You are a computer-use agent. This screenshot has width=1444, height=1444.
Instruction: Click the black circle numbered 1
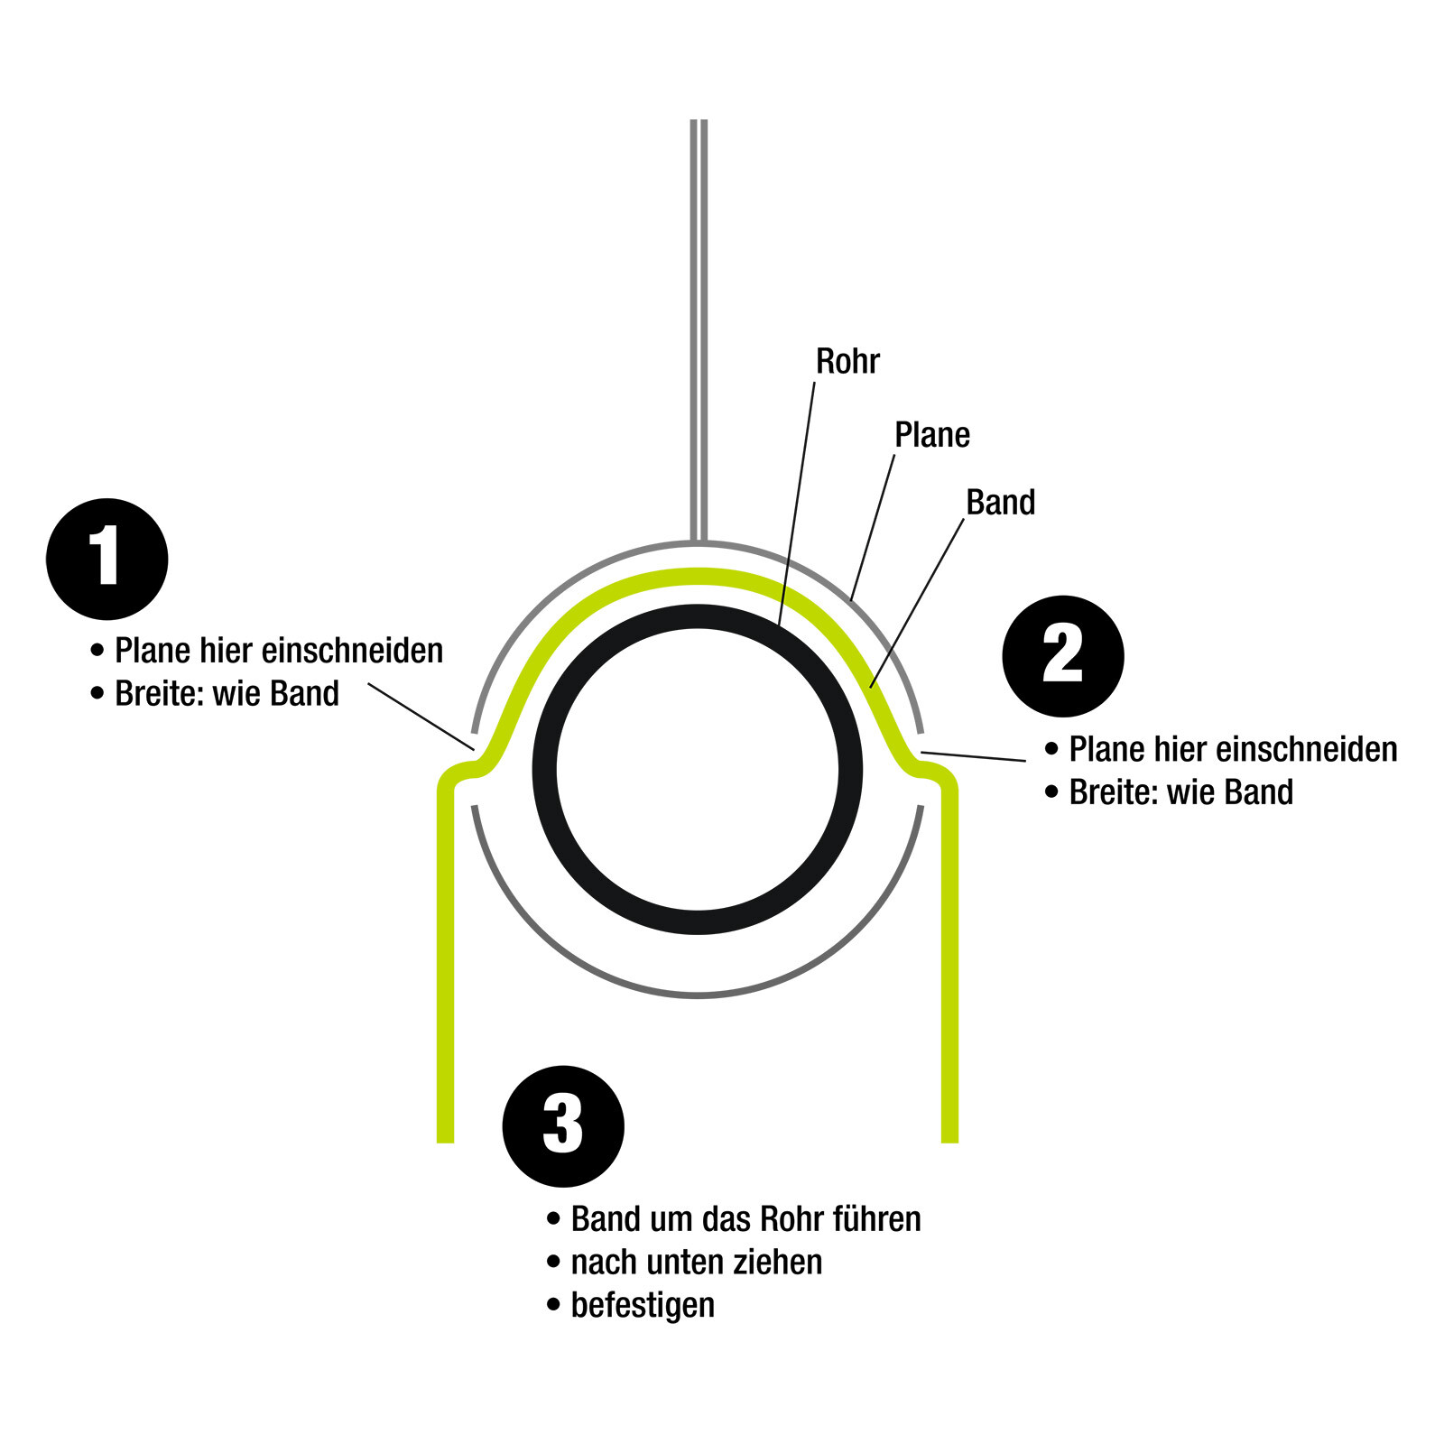coord(106,559)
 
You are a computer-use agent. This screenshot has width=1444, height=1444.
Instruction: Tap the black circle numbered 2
coord(1062,655)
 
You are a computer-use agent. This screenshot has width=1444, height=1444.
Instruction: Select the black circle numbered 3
coord(562,1125)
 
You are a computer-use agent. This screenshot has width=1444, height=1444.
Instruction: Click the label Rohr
coord(847,361)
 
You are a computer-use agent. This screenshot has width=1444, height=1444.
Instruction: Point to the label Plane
coord(931,435)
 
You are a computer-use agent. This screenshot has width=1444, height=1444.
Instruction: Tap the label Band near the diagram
coord(1000,503)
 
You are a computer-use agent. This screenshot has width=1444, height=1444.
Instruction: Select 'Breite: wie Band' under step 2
coord(1180,792)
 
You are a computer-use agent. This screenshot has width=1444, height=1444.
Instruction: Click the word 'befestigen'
coord(643,1305)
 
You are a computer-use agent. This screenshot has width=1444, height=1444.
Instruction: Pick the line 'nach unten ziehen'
coord(696,1262)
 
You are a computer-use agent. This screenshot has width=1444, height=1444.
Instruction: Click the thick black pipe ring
coord(545,769)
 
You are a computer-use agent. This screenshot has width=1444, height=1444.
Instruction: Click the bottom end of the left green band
coord(445,1135)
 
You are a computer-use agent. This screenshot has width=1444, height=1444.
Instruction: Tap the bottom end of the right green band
coord(949,1135)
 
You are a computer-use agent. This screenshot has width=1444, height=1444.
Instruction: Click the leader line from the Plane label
coord(873,527)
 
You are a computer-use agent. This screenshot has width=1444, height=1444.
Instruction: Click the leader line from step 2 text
coord(973,756)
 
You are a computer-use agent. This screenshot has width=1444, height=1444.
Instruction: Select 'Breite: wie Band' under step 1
coord(227,694)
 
